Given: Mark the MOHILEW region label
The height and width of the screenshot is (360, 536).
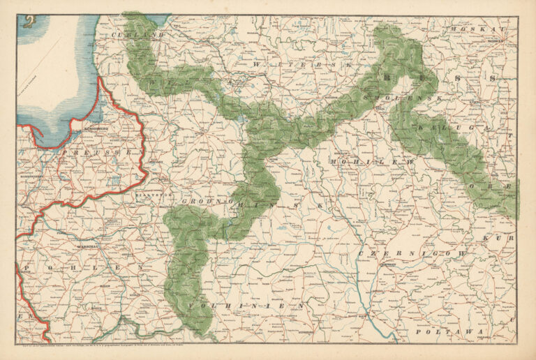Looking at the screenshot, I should tap(363, 162).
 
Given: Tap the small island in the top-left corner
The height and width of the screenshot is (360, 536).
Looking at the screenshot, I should tap(28, 22).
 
